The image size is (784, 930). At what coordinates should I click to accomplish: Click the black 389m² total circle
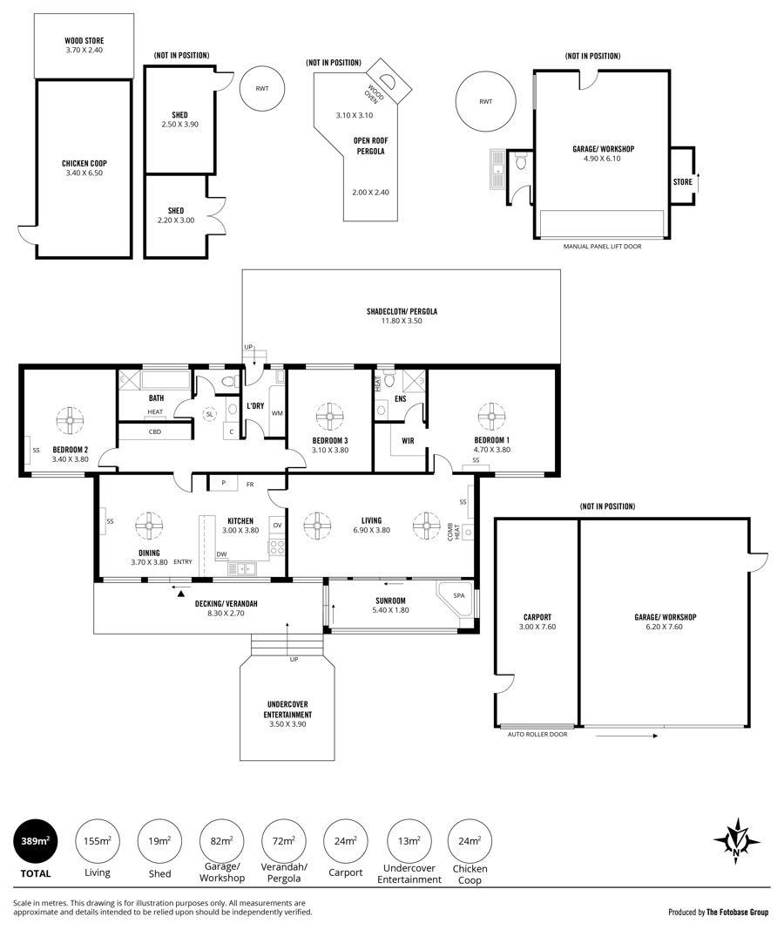36,841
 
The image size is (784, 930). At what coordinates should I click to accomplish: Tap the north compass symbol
737,840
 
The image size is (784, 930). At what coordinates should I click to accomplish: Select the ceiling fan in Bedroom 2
70,420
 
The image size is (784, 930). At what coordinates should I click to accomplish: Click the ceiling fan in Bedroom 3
329,417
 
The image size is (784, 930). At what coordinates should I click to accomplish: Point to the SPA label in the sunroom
459,595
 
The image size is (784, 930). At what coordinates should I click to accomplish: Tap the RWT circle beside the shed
262,88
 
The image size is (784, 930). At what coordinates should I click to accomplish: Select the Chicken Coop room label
84,163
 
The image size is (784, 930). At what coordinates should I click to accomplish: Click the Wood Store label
84,41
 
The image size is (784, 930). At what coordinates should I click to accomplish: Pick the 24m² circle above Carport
346,841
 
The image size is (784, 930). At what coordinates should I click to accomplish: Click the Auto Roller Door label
537,734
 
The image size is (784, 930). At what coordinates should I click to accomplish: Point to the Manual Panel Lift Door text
602,246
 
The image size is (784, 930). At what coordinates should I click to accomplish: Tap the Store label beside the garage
683,182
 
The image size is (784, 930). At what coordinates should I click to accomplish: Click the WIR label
408,441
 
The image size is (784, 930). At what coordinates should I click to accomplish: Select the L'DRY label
255,405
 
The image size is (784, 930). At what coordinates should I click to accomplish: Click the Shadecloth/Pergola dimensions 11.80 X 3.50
402,321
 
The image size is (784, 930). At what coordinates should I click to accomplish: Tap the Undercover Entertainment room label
288,709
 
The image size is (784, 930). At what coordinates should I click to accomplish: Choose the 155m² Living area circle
98,841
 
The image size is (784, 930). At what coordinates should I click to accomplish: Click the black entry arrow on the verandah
181,593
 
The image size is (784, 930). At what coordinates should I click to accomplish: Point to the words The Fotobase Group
737,913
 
